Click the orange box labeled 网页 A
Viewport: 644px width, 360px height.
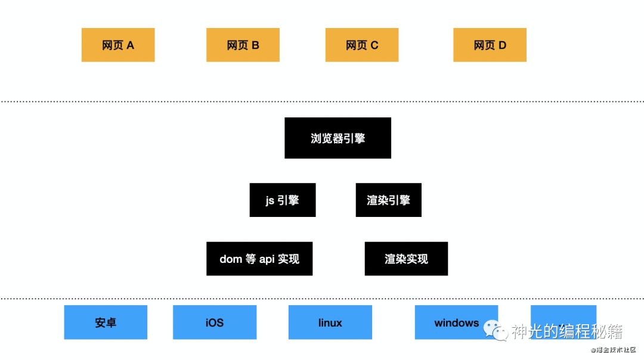point(118,45)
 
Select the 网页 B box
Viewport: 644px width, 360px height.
point(243,45)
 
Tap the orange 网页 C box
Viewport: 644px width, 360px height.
point(362,45)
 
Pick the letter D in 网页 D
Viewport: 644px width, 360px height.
point(502,45)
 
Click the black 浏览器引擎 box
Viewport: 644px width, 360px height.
point(338,138)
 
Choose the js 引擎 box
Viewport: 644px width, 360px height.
point(282,200)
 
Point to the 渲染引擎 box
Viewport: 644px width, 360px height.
point(388,200)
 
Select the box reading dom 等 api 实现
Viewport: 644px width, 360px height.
point(259,259)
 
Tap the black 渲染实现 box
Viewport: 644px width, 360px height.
point(406,259)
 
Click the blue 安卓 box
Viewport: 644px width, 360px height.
point(106,322)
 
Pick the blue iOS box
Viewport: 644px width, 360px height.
point(215,322)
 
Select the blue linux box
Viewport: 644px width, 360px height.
point(330,322)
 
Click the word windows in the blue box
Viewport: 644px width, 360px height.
point(456,323)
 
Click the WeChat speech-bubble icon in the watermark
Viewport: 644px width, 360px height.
point(495,330)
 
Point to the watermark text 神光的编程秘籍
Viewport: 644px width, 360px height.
point(566,331)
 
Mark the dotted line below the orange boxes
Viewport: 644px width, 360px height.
point(322,102)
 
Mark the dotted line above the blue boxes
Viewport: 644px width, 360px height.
point(322,298)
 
